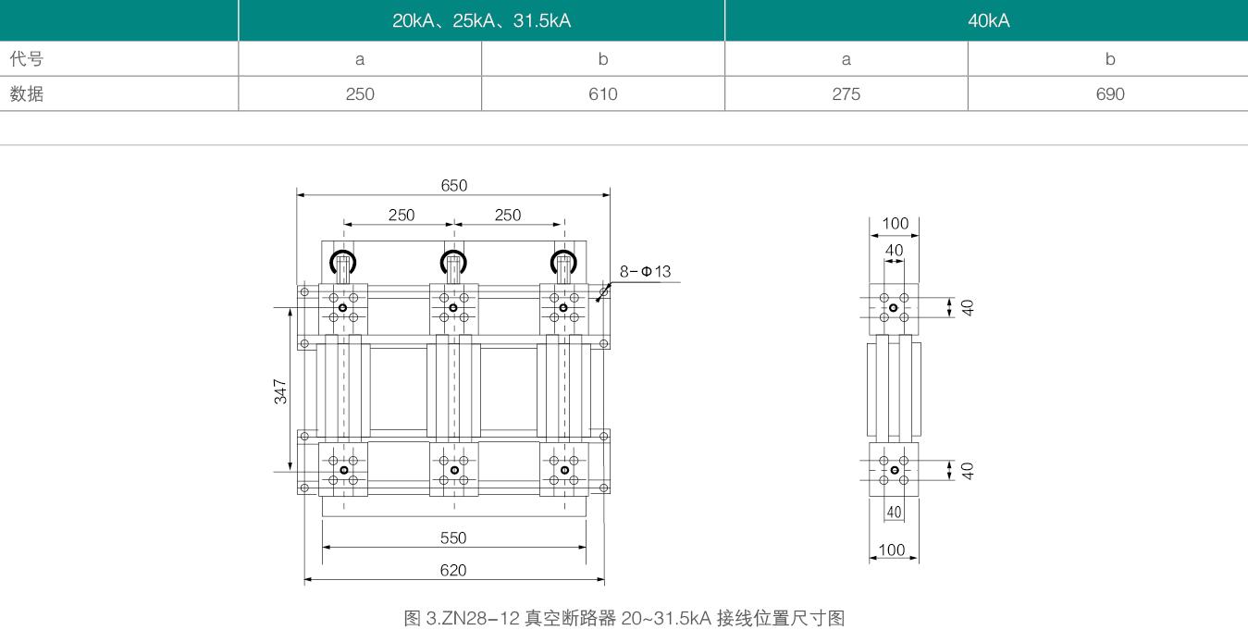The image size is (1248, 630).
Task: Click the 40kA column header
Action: click(x=988, y=20)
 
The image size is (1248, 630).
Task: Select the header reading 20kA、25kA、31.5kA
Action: click(x=481, y=20)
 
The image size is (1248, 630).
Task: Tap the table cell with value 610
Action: click(x=602, y=93)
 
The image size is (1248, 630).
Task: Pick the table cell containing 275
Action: click(x=846, y=93)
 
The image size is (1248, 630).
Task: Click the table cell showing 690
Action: click(x=1109, y=93)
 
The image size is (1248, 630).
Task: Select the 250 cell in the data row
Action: click(x=360, y=93)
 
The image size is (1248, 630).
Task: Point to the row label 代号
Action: click(x=27, y=59)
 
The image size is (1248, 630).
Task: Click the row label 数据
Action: click(x=27, y=93)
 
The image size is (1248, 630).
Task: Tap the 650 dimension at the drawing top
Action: click(x=453, y=185)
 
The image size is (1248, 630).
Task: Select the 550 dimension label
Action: click(x=453, y=537)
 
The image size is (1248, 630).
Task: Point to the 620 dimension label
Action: click(x=453, y=570)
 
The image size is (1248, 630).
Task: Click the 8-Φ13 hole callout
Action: click(x=645, y=271)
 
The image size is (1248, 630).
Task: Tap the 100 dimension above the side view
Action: click(x=895, y=223)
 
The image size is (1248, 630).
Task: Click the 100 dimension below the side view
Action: click(x=892, y=550)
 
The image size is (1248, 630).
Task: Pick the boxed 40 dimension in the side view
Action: click(x=894, y=512)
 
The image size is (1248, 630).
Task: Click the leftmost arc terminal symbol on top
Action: click(x=343, y=262)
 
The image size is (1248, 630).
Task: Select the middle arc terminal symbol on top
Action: click(x=453, y=262)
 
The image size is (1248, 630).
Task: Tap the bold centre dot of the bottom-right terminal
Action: click(x=564, y=470)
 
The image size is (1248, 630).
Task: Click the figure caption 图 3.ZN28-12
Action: click(x=624, y=617)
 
